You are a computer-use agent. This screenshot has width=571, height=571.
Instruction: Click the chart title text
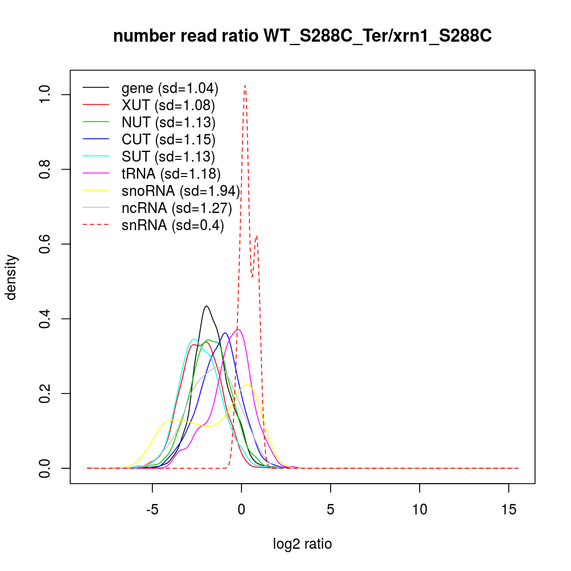click(303, 36)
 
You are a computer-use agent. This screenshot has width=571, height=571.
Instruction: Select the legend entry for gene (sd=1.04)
click(170, 89)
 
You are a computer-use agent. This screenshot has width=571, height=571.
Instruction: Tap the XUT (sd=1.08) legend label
click(168, 106)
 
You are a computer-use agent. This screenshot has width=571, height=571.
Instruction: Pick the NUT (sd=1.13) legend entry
click(168, 122)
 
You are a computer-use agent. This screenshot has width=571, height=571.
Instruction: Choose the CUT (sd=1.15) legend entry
click(168, 139)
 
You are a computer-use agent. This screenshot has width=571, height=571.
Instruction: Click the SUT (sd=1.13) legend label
click(168, 156)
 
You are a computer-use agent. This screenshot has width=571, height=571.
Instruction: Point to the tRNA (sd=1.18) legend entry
click(171, 174)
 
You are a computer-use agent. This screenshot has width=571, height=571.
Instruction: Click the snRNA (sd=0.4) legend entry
click(172, 226)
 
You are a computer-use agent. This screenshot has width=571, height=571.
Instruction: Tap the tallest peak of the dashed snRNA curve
click(244, 86)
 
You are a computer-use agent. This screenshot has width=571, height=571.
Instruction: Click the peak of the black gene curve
click(206, 306)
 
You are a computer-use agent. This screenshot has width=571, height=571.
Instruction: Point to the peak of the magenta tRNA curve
click(239, 329)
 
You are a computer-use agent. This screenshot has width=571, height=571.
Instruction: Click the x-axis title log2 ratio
click(303, 544)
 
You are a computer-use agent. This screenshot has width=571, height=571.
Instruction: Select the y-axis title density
click(13, 278)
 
